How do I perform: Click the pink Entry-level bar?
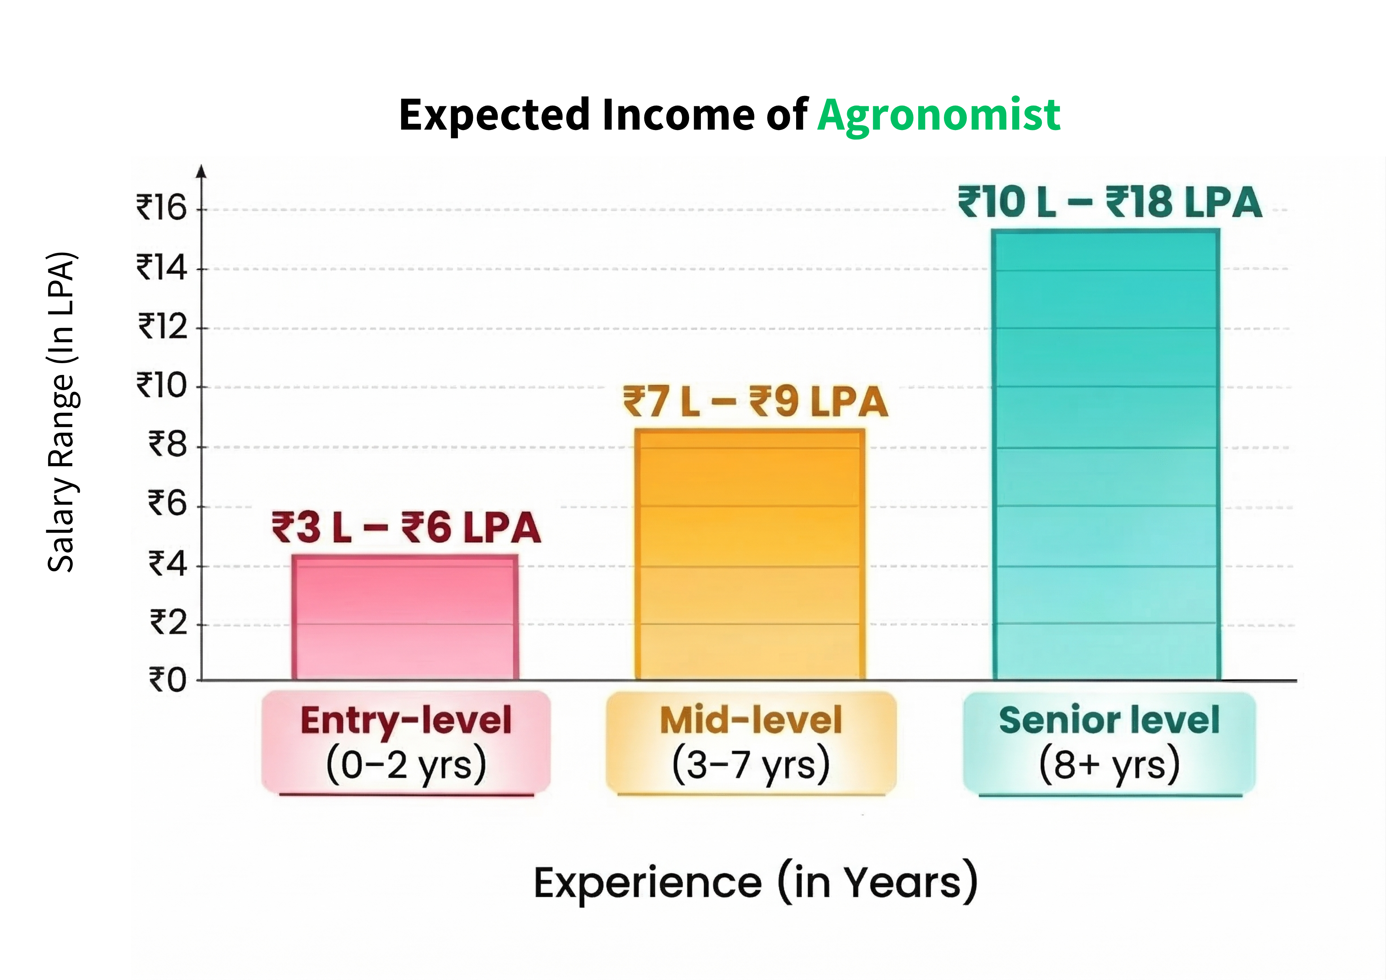(405, 617)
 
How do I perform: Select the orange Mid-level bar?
(750, 554)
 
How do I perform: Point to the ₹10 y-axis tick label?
(162, 385)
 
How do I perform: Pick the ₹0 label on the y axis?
(168, 680)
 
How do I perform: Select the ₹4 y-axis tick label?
(168, 563)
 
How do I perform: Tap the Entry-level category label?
(406, 720)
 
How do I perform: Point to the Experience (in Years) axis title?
(756, 884)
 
